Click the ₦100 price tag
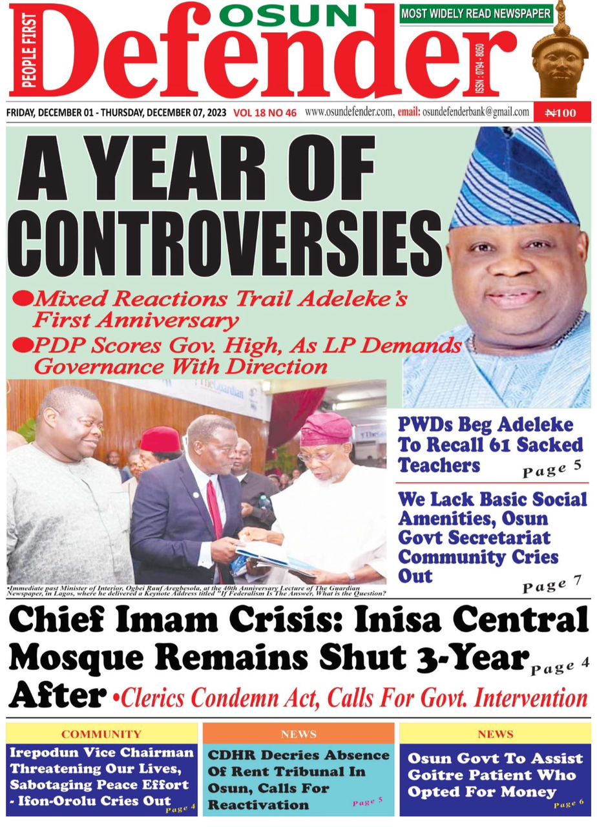560,113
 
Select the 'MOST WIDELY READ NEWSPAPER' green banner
476,13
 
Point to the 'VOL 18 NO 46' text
265,113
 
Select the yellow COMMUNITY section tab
101,734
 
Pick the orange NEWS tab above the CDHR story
298,734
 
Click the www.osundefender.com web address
349,112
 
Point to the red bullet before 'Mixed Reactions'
23,298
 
